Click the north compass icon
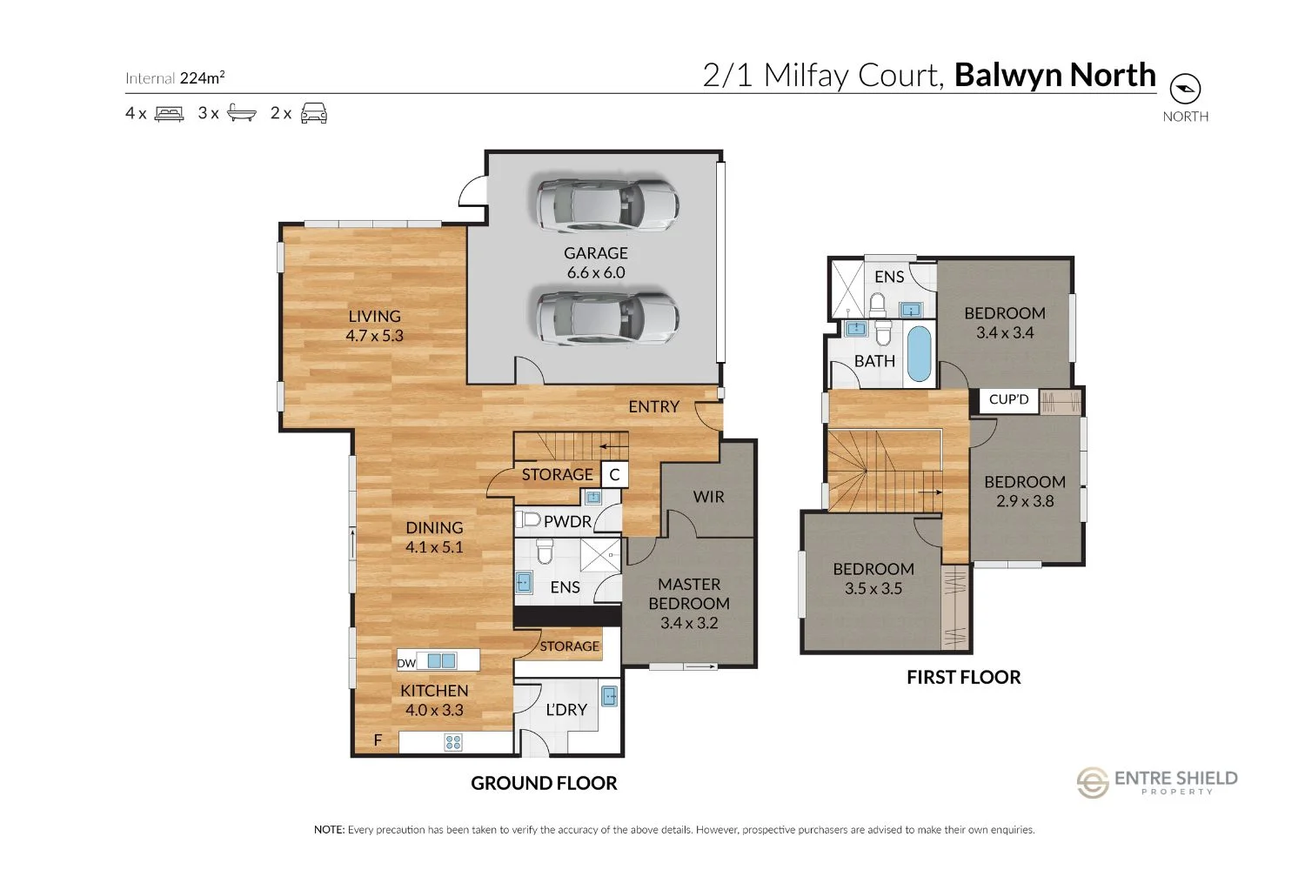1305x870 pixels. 1185,89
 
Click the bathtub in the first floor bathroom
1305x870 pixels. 918,353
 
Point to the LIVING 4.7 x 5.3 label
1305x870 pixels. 374,326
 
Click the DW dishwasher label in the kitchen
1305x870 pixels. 406,663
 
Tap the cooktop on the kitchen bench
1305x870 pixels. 453,742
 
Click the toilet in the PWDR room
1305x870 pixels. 529,520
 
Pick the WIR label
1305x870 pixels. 708,497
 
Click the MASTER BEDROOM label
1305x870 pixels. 689,603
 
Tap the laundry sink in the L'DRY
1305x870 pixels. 609,696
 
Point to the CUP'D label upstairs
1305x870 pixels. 1008,399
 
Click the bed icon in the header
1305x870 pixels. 169,113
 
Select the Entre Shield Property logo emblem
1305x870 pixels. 1093,782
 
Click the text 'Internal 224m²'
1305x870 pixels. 175,78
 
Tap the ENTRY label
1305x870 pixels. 653,407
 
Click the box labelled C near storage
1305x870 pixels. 614,475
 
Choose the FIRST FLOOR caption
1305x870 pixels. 963,678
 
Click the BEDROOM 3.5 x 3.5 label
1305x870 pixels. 873,579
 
